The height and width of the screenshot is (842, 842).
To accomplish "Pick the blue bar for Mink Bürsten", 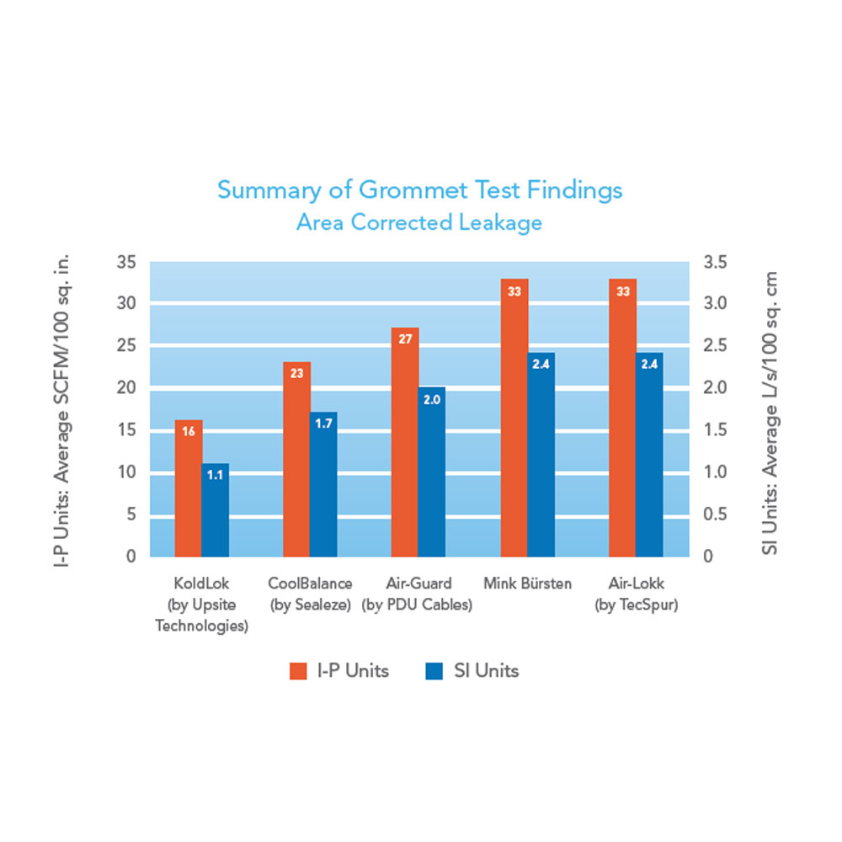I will pyautogui.click(x=541, y=463).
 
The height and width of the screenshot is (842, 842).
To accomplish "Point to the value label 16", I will pyautogui.click(x=189, y=431).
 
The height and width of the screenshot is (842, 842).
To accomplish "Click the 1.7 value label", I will pyautogui.click(x=323, y=424).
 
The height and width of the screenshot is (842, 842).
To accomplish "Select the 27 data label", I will pyautogui.click(x=405, y=339).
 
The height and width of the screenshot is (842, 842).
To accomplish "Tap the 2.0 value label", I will pyautogui.click(x=432, y=399).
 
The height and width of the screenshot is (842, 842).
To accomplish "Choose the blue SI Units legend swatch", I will pyautogui.click(x=434, y=671).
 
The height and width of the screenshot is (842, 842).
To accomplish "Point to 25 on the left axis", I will pyautogui.click(x=125, y=345).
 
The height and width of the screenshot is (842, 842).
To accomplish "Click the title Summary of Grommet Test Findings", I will pyautogui.click(x=420, y=189).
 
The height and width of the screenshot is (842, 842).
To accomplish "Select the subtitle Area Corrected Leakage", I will pyautogui.click(x=419, y=223).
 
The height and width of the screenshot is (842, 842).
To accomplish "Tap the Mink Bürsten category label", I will pyautogui.click(x=528, y=584).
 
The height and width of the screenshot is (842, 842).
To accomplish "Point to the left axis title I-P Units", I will pyautogui.click(x=61, y=409).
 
